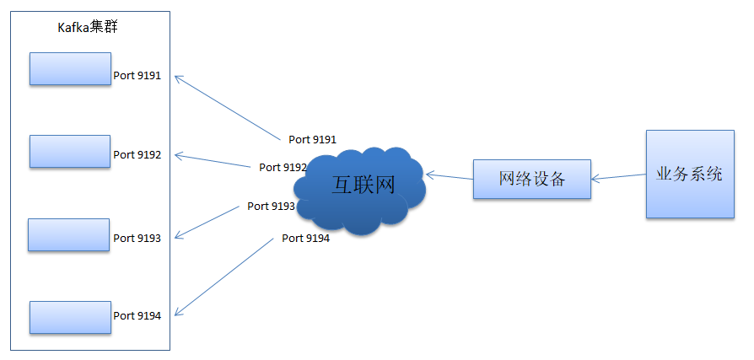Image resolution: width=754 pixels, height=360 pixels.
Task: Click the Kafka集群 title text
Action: (88, 27)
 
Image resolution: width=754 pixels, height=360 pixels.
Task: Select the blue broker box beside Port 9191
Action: (70, 69)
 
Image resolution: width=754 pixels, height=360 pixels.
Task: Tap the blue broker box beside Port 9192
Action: (70, 152)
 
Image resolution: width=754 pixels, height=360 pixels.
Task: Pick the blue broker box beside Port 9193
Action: (69, 234)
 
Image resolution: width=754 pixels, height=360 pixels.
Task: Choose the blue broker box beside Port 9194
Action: (70, 317)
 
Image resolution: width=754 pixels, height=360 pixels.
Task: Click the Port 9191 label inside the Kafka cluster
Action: (137, 76)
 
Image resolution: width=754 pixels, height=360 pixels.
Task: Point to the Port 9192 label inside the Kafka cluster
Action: (137, 155)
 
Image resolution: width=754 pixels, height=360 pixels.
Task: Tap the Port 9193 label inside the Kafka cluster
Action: (137, 239)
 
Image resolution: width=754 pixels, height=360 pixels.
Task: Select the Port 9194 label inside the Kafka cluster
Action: (137, 316)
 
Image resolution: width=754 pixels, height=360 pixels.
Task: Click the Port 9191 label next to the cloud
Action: (312, 139)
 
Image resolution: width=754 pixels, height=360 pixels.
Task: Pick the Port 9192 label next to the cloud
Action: (283, 167)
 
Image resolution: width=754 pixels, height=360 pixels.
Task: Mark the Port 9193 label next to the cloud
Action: (272, 207)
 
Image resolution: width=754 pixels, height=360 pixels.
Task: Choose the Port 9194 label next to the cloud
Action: (306, 238)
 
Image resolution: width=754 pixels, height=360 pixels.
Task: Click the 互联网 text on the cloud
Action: (363, 185)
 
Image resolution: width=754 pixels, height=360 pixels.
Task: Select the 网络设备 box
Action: (532, 180)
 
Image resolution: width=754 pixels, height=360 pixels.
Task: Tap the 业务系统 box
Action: (690, 174)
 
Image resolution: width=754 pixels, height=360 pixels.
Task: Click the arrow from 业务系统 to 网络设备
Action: (618, 177)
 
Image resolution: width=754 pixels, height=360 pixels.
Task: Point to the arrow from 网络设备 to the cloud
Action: (450, 176)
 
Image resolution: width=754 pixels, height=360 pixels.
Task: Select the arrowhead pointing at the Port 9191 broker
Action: (179, 78)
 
